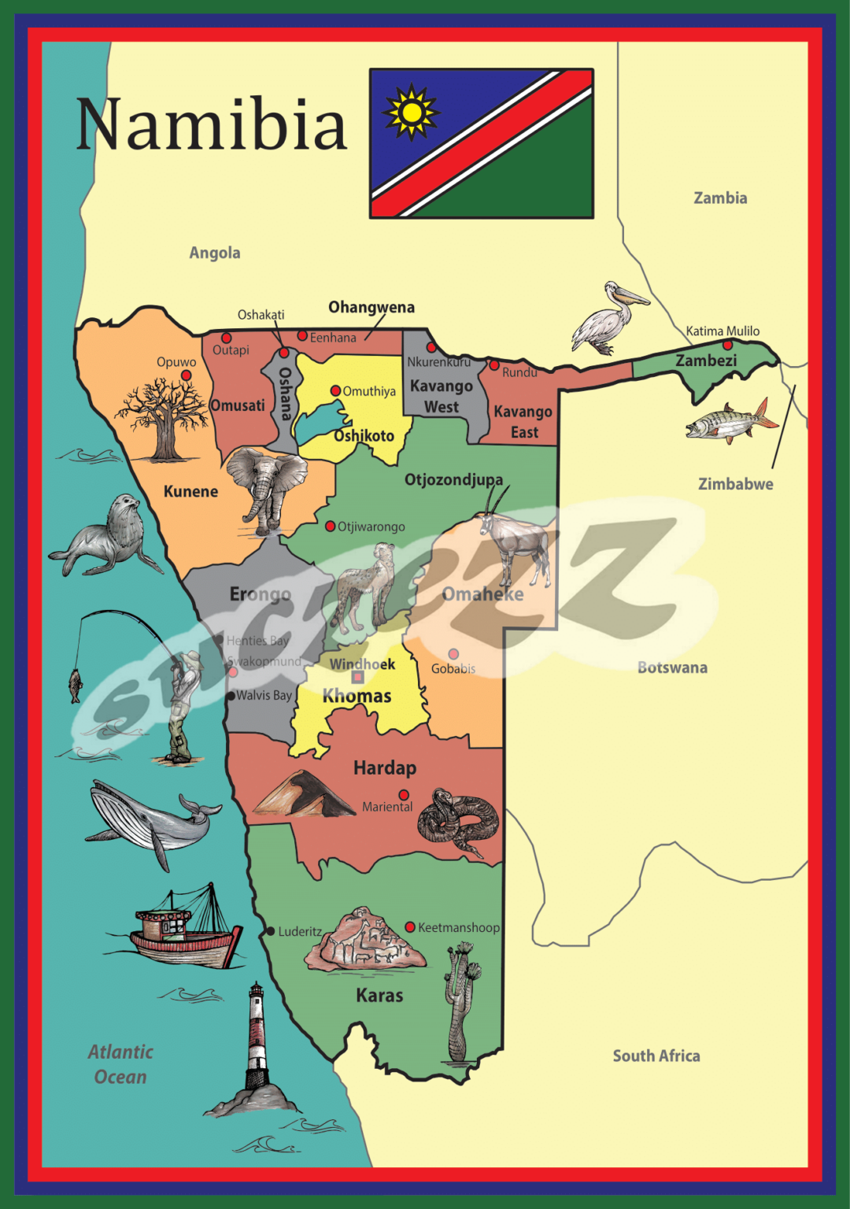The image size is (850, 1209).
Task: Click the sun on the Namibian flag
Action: point(410,112)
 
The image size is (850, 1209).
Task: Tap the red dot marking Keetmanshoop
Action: point(410,927)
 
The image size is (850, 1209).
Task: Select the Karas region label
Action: point(379,996)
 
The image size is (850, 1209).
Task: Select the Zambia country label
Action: point(720,198)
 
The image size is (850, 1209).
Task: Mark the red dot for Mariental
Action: point(404,795)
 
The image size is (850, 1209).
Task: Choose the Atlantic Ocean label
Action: point(120,1064)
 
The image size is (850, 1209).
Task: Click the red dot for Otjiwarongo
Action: point(331,526)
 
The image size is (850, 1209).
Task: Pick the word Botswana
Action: point(672,667)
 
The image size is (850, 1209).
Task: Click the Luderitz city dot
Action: point(270,931)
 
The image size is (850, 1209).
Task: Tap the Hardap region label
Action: point(385,768)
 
